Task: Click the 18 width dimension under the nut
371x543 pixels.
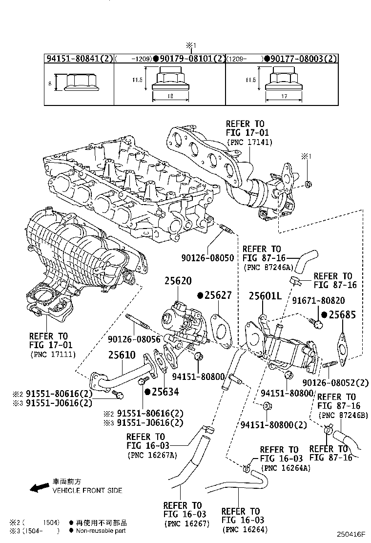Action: [x=170, y=97]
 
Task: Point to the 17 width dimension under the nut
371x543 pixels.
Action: [x=284, y=97]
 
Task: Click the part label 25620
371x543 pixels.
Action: [x=178, y=280]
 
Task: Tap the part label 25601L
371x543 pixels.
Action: [x=265, y=296]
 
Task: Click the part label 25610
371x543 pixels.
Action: [x=122, y=355]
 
